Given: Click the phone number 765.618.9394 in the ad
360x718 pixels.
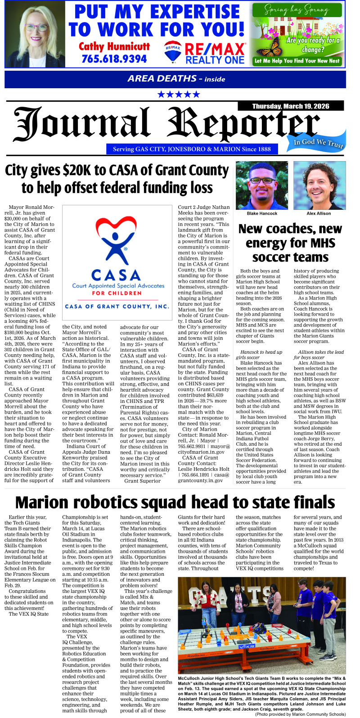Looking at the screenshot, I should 114,59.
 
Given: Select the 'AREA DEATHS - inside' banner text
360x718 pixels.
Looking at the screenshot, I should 176,79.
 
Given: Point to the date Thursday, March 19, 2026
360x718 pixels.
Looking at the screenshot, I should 290,106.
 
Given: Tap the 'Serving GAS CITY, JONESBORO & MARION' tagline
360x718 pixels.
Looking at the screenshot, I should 192,149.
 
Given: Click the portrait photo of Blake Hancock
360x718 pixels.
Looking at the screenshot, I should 262,185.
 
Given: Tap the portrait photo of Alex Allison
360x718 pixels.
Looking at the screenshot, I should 319,185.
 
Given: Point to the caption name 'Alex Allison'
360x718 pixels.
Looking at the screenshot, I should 319,213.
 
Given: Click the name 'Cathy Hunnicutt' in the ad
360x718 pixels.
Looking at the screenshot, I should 114,46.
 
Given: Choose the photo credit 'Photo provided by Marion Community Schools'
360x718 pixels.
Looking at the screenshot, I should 300,714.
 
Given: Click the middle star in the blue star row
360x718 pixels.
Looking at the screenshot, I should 178,95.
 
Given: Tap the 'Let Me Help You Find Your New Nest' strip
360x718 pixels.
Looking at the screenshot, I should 297,61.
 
